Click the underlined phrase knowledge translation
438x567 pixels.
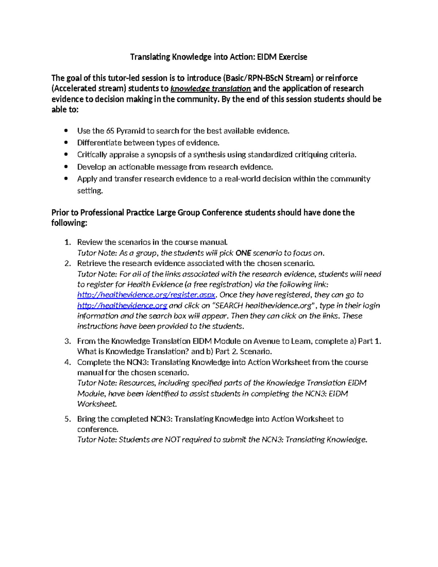(211, 89)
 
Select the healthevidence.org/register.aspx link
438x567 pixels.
(146, 295)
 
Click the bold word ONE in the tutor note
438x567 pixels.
(243, 253)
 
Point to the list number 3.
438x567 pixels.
(68, 341)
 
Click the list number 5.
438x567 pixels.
(68, 419)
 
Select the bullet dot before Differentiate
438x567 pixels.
(66, 143)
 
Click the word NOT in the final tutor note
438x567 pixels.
(173, 440)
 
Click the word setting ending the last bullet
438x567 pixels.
(90, 191)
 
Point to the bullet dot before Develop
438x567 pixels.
(66, 167)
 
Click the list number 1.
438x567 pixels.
(68, 242)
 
